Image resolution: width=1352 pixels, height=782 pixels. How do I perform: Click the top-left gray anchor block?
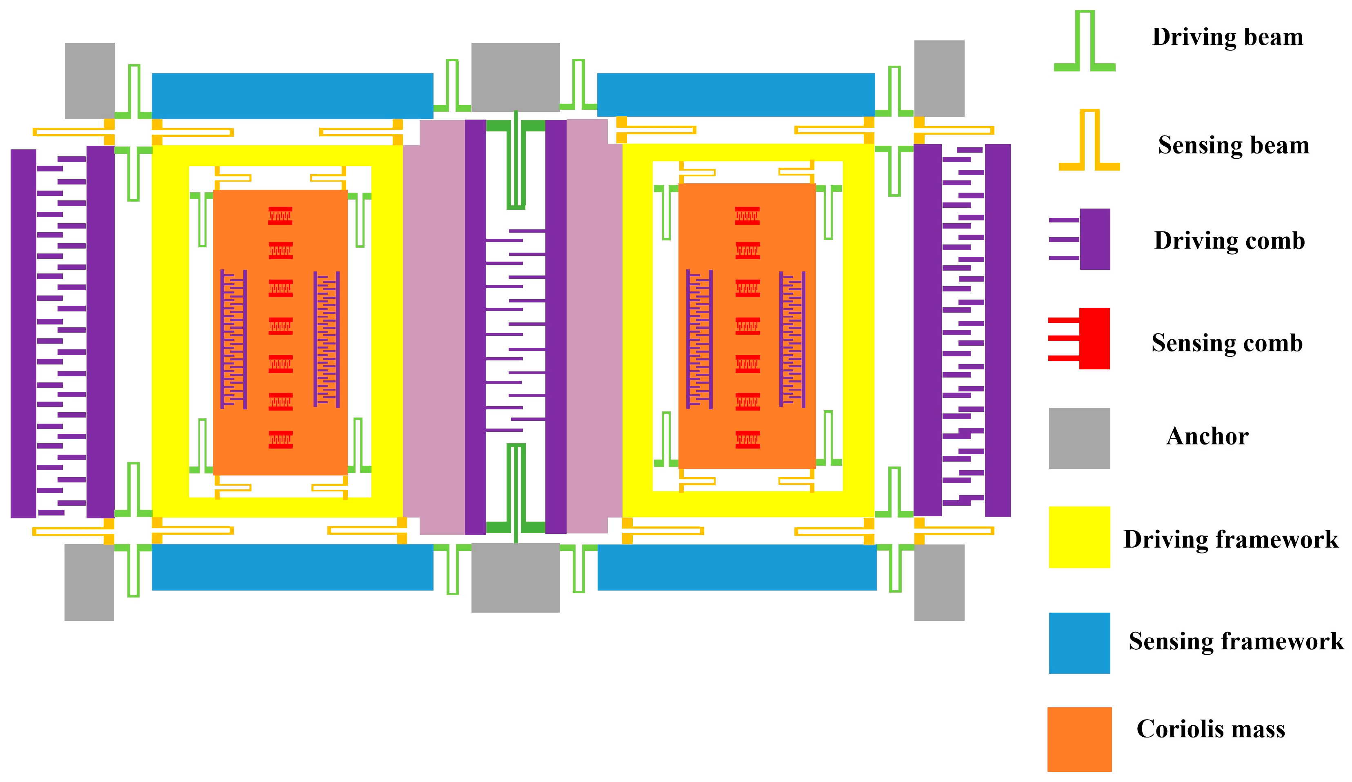[x=89, y=80]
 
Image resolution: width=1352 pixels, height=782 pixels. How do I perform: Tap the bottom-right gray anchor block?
[x=939, y=582]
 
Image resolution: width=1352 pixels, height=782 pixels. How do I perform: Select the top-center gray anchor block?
[x=515, y=77]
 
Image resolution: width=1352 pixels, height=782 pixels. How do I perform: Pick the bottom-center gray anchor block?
[x=515, y=578]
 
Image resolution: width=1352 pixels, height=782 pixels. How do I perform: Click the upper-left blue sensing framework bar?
[x=292, y=96]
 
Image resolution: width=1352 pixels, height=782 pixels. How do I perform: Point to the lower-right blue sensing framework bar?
[x=737, y=567]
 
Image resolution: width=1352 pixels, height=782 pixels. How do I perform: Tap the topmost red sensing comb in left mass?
[x=280, y=215]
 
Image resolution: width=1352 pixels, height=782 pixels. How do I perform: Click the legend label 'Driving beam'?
[x=1227, y=37]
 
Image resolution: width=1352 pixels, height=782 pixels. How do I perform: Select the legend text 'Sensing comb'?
[x=1227, y=343]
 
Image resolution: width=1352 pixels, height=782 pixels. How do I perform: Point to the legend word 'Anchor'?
[x=1207, y=436]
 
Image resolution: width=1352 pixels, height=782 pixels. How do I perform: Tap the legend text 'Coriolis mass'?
[x=1211, y=729]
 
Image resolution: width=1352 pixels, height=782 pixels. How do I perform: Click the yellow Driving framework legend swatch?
[x=1079, y=537]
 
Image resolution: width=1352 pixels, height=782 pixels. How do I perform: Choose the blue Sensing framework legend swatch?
[x=1079, y=642]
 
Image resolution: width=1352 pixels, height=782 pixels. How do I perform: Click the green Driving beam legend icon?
[x=1084, y=43]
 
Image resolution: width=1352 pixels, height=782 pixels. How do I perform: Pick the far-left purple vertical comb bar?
[x=23, y=333]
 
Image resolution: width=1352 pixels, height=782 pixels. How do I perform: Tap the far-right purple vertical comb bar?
[x=997, y=331]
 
